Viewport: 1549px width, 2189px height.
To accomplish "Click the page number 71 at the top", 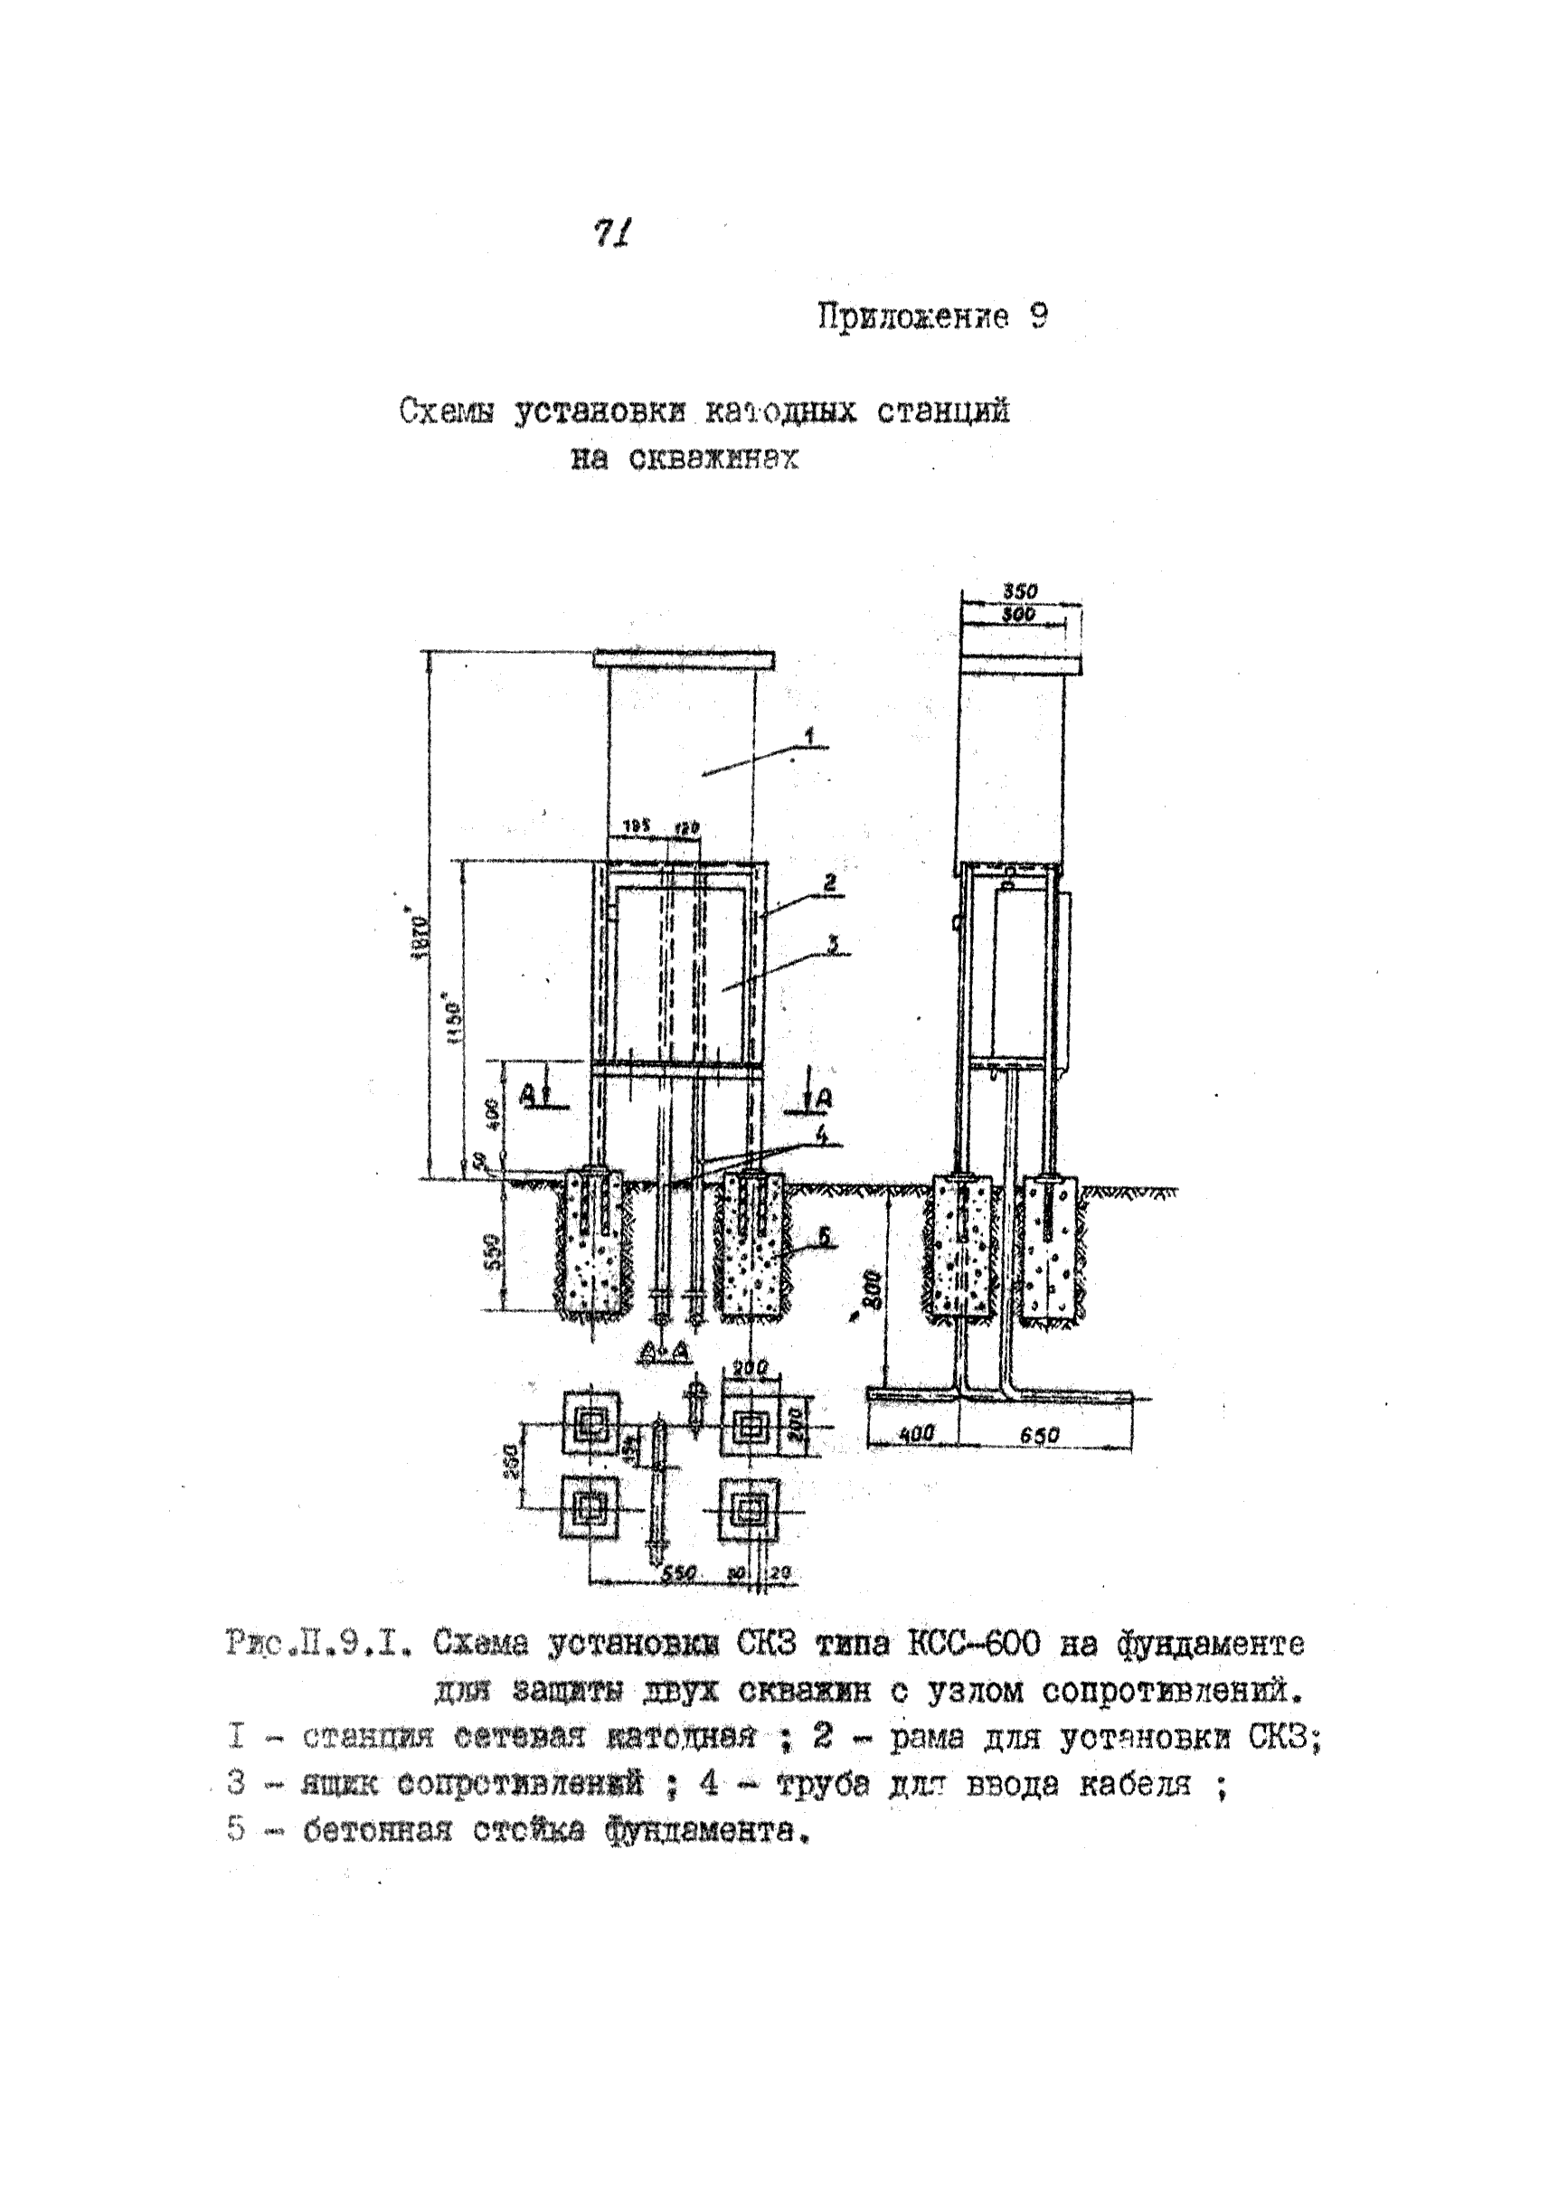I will [x=612, y=232].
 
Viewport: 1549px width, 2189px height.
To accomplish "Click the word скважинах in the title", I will [x=713, y=459].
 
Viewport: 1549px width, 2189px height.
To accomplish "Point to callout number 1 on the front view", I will [x=808, y=735].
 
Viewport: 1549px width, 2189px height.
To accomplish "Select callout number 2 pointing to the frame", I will [x=830, y=883].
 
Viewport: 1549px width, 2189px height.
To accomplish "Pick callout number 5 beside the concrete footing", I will [x=824, y=1237].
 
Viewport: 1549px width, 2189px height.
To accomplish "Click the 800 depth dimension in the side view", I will [x=874, y=1290].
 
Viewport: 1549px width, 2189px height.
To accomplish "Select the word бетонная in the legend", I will [x=377, y=1830].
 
